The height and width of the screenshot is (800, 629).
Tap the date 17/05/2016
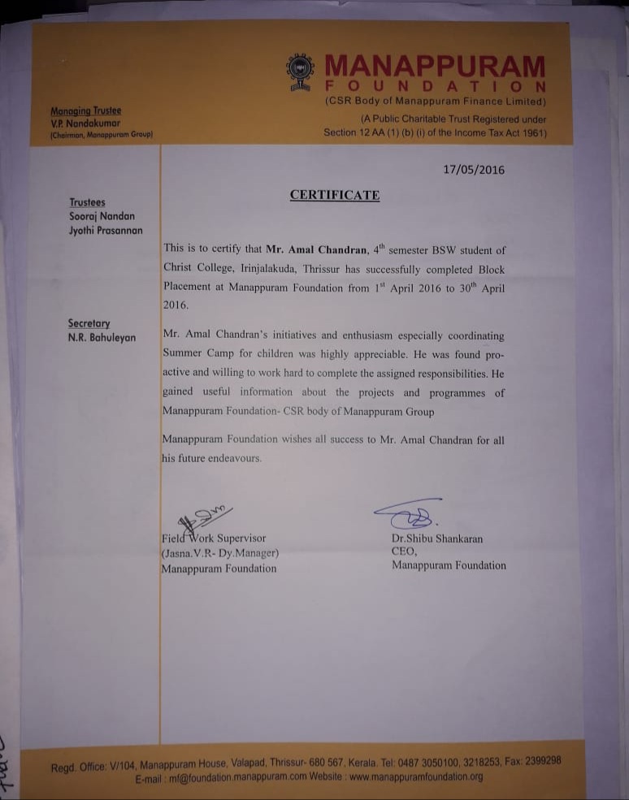[474, 170]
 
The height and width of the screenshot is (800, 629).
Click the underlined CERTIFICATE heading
[335, 195]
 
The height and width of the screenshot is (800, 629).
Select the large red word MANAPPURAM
[435, 65]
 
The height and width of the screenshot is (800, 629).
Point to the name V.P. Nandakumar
[85, 122]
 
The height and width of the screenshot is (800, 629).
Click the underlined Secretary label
[89, 323]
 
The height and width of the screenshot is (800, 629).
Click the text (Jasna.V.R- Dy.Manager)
[220, 552]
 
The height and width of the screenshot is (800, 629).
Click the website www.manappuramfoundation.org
[416, 776]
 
